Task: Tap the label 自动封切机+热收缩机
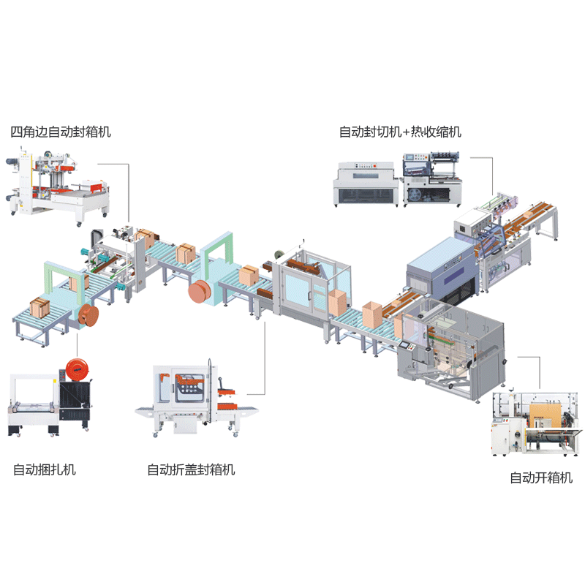pyautogui.click(x=400, y=132)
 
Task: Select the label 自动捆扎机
pyautogui.click(x=45, y=469)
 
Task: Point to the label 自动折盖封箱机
pyautogui.click(x=192, y=469)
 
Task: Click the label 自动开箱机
pyautogui.click(x=541, y=478)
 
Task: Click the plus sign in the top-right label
pyautogui.click(x=407, y=132)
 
